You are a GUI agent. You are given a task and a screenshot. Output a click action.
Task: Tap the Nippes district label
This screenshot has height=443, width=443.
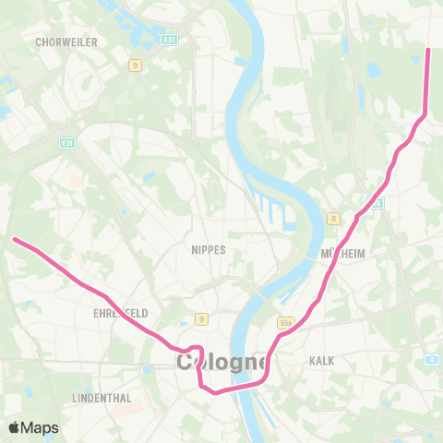click(208, 250)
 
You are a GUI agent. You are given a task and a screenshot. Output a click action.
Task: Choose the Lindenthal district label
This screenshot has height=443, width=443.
click(102, 398)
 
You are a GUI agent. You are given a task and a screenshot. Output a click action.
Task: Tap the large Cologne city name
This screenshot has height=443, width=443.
click(222, 363)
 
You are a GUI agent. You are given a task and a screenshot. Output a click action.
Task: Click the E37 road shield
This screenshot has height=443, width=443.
click(168, 41)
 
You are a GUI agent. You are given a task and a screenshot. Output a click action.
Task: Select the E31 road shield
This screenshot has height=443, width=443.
click(66, 143)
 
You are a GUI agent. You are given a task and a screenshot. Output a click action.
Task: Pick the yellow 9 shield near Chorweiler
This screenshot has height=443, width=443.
click(134, 65)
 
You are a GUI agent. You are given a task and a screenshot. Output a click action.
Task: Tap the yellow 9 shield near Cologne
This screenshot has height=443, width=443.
click(200, 319)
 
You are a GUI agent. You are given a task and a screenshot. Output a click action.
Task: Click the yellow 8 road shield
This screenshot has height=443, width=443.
click(333, 218)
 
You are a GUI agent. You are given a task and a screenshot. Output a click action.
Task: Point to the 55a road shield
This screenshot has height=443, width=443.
click(285, 322)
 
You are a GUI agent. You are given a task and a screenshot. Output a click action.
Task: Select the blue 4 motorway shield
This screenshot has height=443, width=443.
click(432, 359)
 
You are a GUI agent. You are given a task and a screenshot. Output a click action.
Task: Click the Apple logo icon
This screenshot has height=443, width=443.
click(16, 427)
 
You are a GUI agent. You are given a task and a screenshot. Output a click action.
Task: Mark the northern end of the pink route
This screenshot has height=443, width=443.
click(429, 50)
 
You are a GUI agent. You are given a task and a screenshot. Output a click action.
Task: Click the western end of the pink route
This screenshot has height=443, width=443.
click(15, 240)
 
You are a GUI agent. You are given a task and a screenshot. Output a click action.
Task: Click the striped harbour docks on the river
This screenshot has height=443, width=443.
click(276, 207)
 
